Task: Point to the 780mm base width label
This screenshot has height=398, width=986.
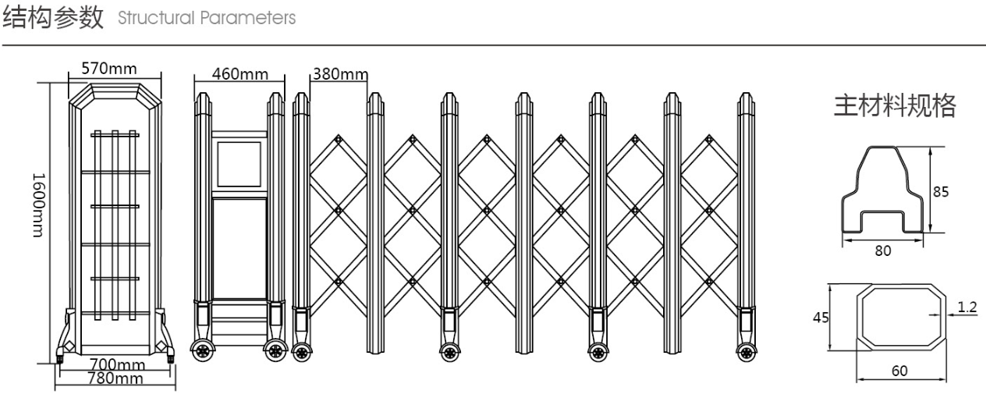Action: pyautogui.click(x=116, y=378)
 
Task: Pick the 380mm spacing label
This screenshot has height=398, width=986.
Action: pyautogui.click(x=339, y=75)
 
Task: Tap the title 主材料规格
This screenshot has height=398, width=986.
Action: pyautogui.click(x=895, y=106)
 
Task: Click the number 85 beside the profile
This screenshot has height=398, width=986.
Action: pyautogui.click(x=942, y=190)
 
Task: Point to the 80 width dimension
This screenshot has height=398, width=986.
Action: pyautogui.click(x=882, y=251)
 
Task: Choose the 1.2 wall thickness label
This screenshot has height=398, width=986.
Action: pyautogui.click(x=966, y=306)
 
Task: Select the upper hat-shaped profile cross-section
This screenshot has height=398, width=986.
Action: pyautogui.click(x=882, y=191)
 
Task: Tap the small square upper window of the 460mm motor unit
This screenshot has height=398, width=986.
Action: pyautogui.click(x=239, y=164)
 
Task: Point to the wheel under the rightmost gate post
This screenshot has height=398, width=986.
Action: pyautogui.click(x=746, y=350)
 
